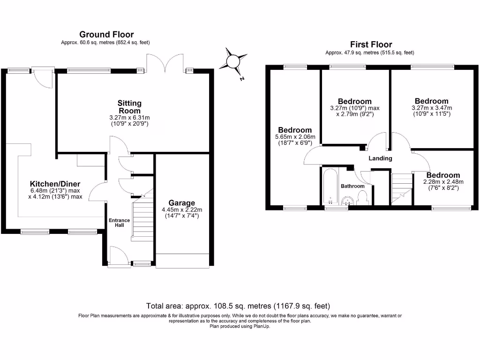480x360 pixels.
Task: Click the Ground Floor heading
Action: pyautogui.click(x=106, y=34)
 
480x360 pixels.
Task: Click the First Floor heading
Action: pyautogui.click(x=371, y=45)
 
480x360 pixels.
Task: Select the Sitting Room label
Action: pyautogui.click(x=129, y=107)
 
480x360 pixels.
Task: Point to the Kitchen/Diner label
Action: pyautogui.click(x=55, y=184)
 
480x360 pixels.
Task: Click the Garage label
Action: pyautogui.click(x=182, y=202)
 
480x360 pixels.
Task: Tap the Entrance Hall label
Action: pyautogui.click(x=120, y=223)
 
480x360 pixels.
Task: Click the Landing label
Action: pyautogui.click(x=380, y=158)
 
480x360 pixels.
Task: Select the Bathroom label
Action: pyautogui.click(x=352, y=186)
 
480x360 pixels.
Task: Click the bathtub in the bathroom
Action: pyautogui.click(x=330, y=186)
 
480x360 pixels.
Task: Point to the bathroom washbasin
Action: pyautogui.click(x=348, y=201)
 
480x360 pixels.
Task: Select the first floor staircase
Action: pyautogui.click(x=402, y=188)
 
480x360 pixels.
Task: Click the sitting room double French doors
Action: pyautogui.click(x=165, y=63)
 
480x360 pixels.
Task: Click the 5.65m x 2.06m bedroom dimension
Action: pyautogui.click(x=295, y=140)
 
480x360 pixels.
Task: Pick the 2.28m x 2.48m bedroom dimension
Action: pyautogui.click(x=443, y=185)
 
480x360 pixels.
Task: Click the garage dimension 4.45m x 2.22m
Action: pyautogui.click(x=182, y=213)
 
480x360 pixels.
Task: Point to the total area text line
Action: pyautogui.click(x=238, y=306)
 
